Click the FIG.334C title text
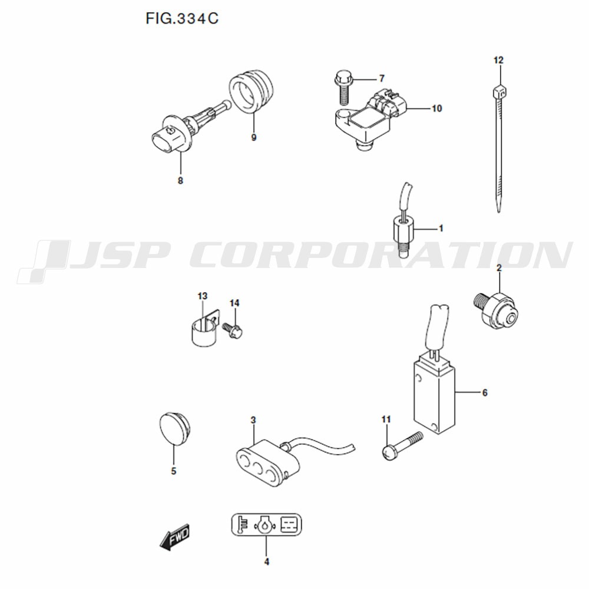[182, 18]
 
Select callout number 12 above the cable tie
[498, 60]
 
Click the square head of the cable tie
[499, 92]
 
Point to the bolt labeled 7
[343, 87]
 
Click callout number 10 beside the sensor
[436, 108]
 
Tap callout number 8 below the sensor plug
[180, 181]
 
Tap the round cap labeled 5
[175, 429]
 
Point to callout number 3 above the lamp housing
[253, 420]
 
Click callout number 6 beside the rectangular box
[485, 393]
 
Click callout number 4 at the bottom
[267, 562]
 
